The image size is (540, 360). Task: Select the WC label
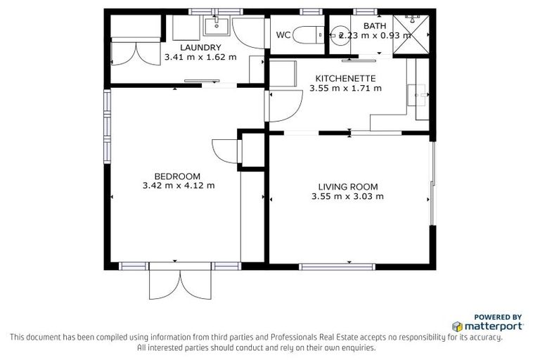coord(283,35)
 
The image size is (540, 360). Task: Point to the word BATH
coord(370,25)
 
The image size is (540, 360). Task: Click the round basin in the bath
coord(340,37)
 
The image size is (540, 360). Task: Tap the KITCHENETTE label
coord(345,78)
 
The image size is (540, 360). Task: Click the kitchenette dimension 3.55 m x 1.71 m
coord(345,89)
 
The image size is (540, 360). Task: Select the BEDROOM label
coord(178,176)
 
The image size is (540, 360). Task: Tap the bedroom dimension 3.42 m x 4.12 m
coord(178,186)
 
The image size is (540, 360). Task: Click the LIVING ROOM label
coord(347,186)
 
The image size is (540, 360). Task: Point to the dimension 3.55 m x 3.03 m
coord(347,197)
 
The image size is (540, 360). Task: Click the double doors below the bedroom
coord(181,283)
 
